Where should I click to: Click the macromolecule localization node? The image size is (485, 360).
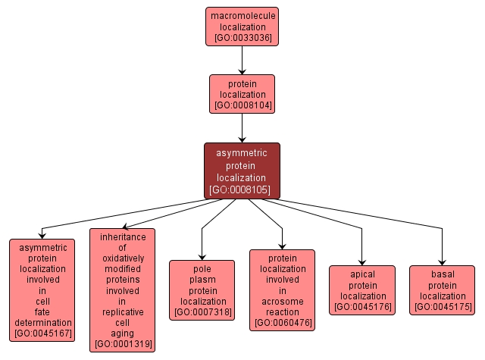(242, 26)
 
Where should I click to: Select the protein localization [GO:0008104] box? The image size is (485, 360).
(242, 94)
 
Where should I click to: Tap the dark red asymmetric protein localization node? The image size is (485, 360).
(242, 171)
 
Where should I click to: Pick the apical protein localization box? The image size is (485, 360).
(362, 290)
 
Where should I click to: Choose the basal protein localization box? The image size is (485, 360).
(442, 290)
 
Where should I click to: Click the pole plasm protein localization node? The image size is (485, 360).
(202, 290)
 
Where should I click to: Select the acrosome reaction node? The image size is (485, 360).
(283, 290)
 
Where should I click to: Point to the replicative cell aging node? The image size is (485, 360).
(122, 290)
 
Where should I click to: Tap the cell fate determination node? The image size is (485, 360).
(42, 290)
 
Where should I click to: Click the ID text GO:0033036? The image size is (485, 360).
(242, 37)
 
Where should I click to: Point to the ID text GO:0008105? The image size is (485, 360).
(242, 189)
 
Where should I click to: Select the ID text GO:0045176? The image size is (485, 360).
(362, 308)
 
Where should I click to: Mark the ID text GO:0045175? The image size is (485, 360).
(442, 308)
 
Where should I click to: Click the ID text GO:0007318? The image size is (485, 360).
(202, 312)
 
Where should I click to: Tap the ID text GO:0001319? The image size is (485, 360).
(122, 345)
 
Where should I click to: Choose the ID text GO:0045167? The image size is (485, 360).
(42, 333)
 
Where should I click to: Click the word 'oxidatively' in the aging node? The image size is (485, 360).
(122, 258)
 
